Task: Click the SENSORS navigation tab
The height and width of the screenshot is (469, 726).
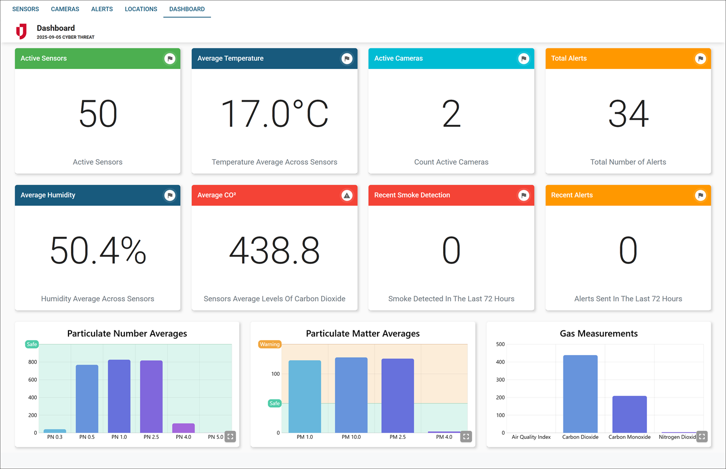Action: [x=26, y=9]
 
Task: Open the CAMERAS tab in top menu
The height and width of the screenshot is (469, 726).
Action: [x=65, y=9]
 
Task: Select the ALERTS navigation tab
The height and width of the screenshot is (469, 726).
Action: [x=102, y=9]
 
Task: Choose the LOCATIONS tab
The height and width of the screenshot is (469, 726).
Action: [x=141, y=9]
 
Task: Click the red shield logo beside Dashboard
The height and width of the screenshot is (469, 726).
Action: [x=21, y=31]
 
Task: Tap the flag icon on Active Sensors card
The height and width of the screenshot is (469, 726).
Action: [x=170, y=58]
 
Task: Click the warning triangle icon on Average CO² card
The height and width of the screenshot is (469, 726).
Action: [x=347, y=195]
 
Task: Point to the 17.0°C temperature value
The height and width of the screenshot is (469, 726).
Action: [x=274, y=114]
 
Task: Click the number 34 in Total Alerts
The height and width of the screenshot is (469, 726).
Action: [x=628, y=114]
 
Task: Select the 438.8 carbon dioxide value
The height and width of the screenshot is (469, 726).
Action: [x=274, y=250]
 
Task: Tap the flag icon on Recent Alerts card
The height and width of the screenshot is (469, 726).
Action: [x=700, y=195]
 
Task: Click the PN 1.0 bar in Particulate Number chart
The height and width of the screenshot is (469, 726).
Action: [x=119, y=396]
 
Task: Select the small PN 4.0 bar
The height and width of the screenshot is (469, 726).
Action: [x=183, y=428]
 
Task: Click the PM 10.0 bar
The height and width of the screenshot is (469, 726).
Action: [x=351, y=395]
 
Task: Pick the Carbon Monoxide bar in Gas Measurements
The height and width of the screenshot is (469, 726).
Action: [x=629, y=414]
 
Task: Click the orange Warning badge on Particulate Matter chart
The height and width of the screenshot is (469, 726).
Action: [x=269, y=345]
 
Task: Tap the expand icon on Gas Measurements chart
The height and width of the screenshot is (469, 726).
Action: [x=702, y=436]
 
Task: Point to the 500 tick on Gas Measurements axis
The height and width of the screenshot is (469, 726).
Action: [x=500, y=345]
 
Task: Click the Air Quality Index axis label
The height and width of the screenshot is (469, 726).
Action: [x=531, y=437]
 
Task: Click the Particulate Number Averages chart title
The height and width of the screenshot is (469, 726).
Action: [x=127, y=333]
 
